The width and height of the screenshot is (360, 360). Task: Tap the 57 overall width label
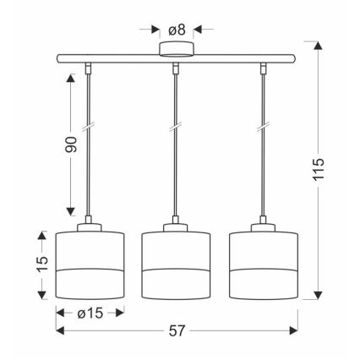(176, 330)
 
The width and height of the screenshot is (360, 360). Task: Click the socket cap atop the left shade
(90, 226)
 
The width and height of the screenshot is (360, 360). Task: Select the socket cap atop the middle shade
(175, 226)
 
